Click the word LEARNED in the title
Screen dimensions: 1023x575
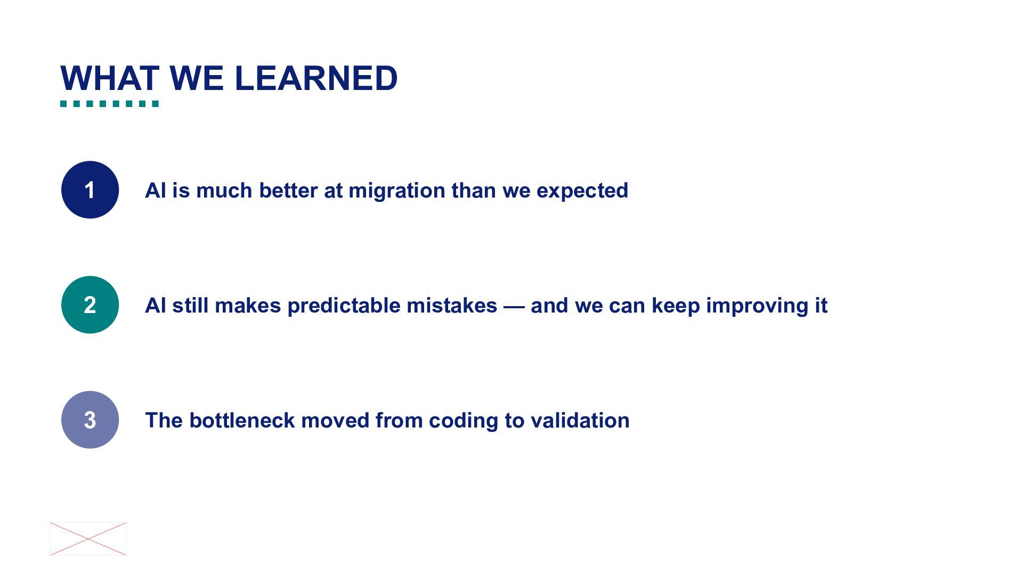316,78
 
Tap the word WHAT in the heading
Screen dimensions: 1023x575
110,78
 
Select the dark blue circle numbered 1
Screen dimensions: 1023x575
90,190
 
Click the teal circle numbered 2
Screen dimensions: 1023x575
90,305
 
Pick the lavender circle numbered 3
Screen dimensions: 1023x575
90,420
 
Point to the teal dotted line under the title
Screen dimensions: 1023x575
110,104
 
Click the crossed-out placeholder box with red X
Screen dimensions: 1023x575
88,539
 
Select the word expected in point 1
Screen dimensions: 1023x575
582,191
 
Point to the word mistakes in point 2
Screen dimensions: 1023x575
452,306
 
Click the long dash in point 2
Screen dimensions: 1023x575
514,306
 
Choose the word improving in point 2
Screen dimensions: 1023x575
756,306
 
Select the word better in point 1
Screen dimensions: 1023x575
288,191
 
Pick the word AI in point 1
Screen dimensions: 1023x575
156,191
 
